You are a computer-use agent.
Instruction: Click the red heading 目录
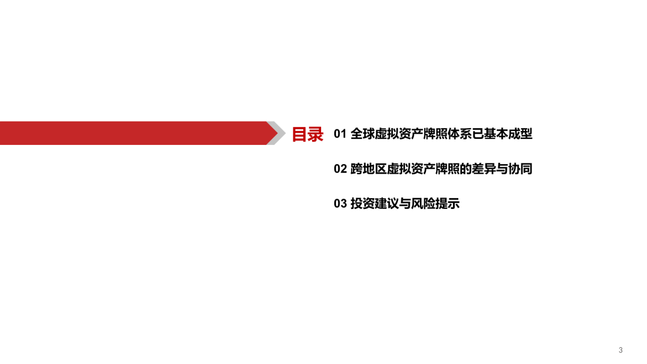[x=307, y=134]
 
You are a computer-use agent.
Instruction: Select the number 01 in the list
[x=340, y=134]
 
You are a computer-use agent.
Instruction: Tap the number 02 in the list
[x=340, y=169]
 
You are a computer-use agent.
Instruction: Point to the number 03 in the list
[x=340, y=203]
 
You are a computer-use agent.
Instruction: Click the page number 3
[x=620, y=350]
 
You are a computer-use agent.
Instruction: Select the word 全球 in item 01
[x=362, y=134]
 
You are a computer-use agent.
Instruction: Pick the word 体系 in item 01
[x=459, y=134]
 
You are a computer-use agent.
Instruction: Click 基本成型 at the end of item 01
[x=508, y=134]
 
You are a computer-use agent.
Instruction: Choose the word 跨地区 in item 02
[x=368, y=169]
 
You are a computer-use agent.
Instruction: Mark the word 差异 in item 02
[x=483, y=169]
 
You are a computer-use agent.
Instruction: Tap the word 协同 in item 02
[x=520, y=169]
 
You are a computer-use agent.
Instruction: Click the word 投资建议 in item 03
[x=374, y=203]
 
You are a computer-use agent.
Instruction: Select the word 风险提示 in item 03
[x=435, y=203]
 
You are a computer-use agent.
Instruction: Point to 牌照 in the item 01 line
[x=436, y=134]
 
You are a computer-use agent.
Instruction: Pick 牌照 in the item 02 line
[x=448, y=169]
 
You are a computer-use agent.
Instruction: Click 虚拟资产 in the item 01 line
[x=399, y=134]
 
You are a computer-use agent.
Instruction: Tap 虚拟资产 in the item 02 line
[x=411, y=169]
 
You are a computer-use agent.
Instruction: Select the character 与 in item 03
[x=405, y=203]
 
